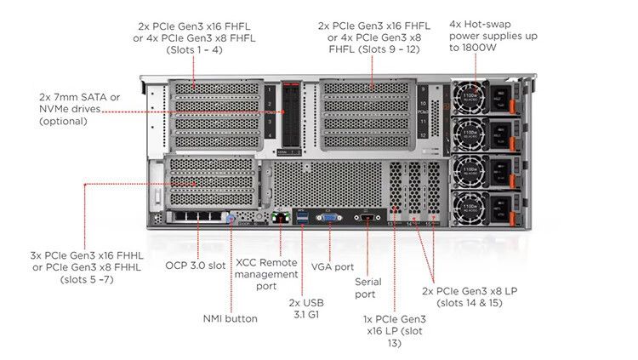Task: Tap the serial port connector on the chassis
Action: point(367,219)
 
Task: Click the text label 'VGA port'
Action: point(332,266)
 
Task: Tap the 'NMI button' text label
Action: point(230,318)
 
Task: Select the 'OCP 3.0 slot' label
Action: point(195,265)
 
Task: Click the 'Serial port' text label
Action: point(367,288)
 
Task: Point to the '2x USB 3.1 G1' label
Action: point(306,308)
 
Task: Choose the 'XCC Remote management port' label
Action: point(266,274)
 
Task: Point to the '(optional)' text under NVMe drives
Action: point(63,121)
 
